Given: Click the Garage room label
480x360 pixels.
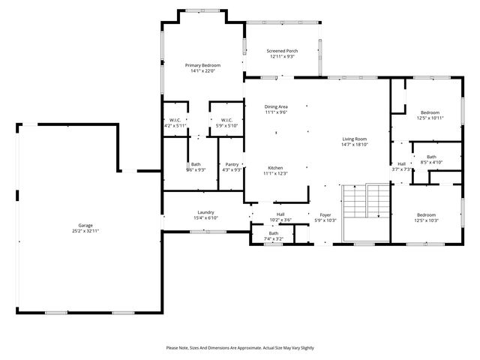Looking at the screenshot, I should (85, 226).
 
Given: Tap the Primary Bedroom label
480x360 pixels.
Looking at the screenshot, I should (202, 66).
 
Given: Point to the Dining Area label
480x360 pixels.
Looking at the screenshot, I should (276, 107).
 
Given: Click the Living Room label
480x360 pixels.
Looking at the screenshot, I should (355, 139).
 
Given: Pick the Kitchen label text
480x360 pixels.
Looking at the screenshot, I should (276, 167).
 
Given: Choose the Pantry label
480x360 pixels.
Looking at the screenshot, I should (232, 164).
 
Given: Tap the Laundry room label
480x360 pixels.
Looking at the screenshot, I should (206, 212).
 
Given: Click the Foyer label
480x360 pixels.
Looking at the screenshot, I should (325, 214).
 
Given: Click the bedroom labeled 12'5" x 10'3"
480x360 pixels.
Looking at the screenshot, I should (425, 215).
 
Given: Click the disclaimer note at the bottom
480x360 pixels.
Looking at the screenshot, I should (240, 348).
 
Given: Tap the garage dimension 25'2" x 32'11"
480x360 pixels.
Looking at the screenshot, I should (85, 231).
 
